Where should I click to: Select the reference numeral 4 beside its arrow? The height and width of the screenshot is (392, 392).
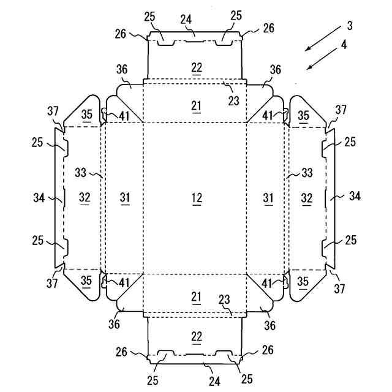coord(344,44)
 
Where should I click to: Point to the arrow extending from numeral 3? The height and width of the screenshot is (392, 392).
coord(321,39)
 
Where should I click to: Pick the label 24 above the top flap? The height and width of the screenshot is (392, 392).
coord(186,18)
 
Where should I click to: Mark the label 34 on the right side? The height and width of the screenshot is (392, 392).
coord(355,196)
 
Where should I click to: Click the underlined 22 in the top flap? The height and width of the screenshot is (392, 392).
coord(196,67)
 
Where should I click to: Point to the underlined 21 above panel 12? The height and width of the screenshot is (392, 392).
coord(196,105)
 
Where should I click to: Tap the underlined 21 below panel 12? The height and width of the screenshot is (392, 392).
coord(196,297)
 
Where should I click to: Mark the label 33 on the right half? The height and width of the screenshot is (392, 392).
coord(308,173)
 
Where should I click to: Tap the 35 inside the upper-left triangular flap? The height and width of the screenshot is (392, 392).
coord(87,116)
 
